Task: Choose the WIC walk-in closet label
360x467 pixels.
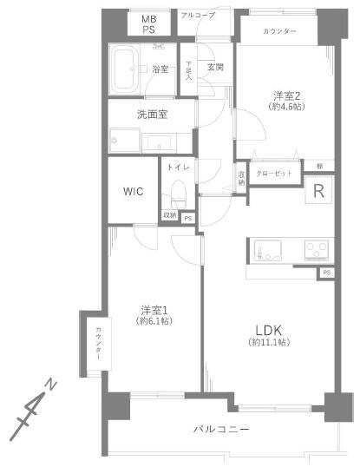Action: click(133, 190)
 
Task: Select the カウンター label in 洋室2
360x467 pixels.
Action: click(278, 32)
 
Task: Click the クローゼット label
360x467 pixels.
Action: click(276, 173)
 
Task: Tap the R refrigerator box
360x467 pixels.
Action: click(318, 193)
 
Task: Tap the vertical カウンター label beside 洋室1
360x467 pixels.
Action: click(99, 342)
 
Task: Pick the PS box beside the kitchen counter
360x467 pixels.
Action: click(326, 273)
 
